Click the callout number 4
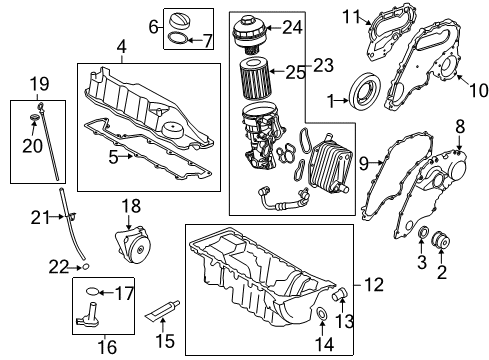pos(121,47)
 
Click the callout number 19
pos(38,83)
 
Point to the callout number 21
pos(38,218)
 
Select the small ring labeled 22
pos(86,267)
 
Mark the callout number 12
pos(374,286)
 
